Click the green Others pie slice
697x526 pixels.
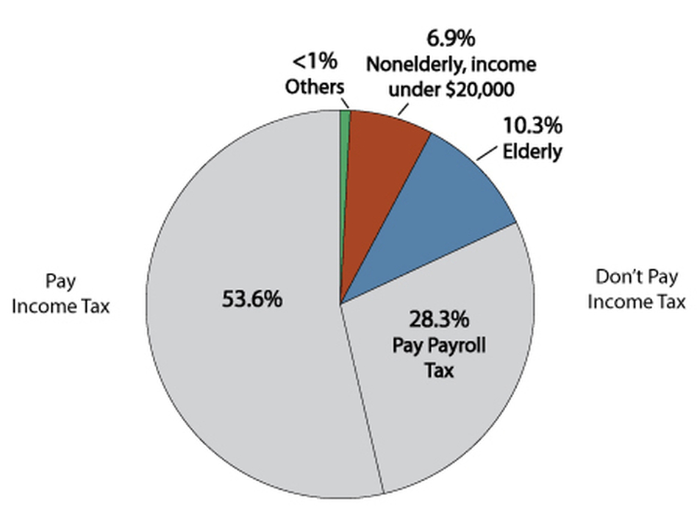(345, 178)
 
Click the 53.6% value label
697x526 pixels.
(252, 299)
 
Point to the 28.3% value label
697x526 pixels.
(439, 319)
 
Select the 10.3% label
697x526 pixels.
(532, 125)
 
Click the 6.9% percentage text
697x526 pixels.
(451, 38)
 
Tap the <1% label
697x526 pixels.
(315, 61)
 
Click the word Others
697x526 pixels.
(315, 87)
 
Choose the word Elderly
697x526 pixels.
(532, 152)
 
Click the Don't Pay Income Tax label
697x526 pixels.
(637, 289)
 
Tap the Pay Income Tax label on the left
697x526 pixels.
(60, 294)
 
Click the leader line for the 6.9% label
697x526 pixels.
(403, 110)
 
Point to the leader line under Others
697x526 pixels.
(346, 103)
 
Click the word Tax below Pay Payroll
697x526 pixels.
(439, 371)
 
